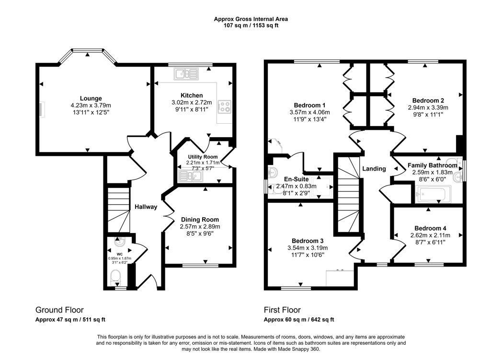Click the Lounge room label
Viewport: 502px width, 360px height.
[91, 98]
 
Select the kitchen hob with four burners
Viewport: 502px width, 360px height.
[224, 106]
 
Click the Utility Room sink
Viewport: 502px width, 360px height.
[190, 177]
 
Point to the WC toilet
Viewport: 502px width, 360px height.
[115, 277]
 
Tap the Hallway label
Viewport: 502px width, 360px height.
[146, 207]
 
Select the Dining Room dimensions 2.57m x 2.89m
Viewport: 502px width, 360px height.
[199, 226]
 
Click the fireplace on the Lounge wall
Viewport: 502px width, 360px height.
[42, 109]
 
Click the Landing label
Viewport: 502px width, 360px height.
[374, 169]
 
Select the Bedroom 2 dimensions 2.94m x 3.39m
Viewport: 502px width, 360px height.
[428, 108]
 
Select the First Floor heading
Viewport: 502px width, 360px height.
[282, 310]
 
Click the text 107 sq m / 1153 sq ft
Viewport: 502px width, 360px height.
[251, 25]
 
